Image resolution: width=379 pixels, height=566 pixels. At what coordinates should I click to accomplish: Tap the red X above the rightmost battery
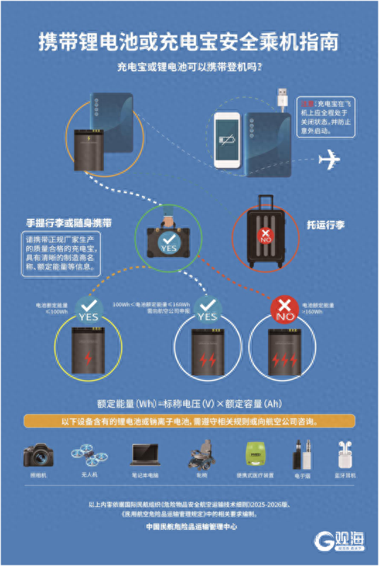[x=284, y=306]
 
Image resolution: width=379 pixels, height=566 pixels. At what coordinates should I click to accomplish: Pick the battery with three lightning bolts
[x=284, y=352]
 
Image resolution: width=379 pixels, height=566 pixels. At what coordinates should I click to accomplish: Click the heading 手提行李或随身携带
[x=69, y=222]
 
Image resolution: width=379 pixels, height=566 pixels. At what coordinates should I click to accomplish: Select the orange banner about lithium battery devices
[x=189, y=422]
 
